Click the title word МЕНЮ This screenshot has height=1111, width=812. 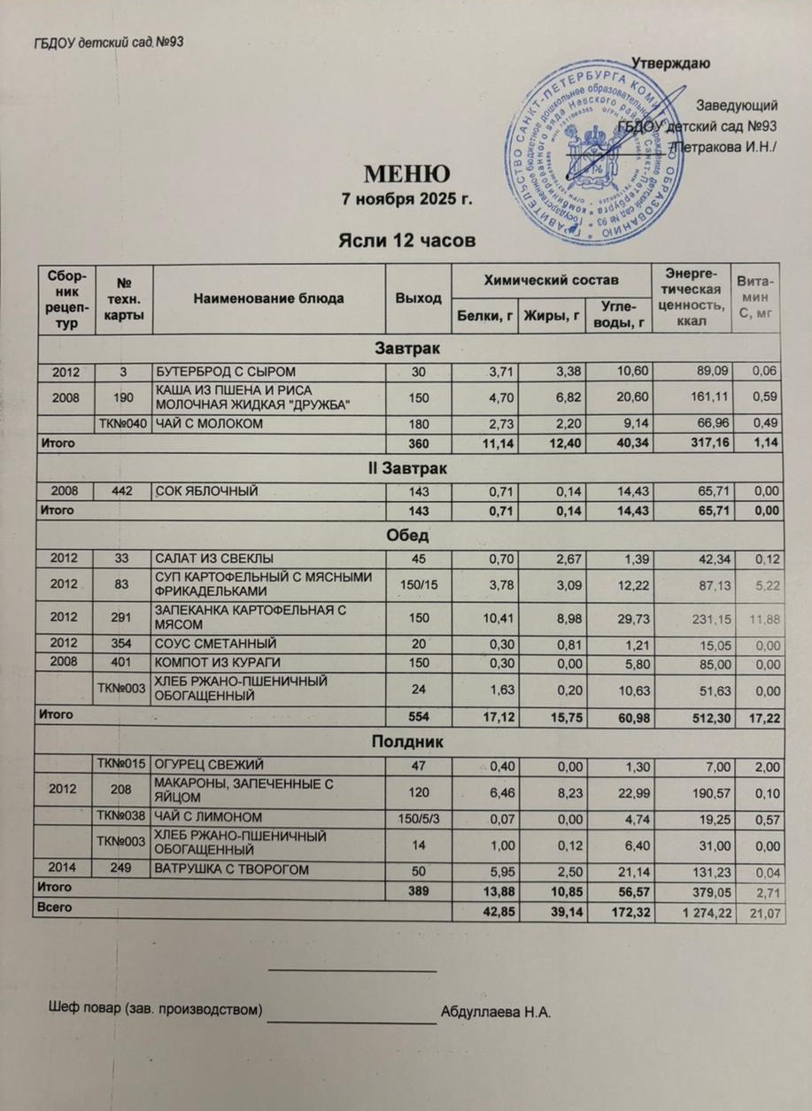tap(408, 173)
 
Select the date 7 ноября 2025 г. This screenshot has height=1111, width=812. tap(408, 198)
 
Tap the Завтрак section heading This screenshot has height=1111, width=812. tap(408, 347)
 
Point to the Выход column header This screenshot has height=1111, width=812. tap(417, 298)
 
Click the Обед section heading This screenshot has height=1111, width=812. tap(408, 535)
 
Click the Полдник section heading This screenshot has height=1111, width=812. tap(408, 741)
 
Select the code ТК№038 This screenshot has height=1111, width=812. tap(120, 815)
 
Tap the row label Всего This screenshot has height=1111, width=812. tap(51, 907)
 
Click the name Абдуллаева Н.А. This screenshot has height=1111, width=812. tap(496, 1012)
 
